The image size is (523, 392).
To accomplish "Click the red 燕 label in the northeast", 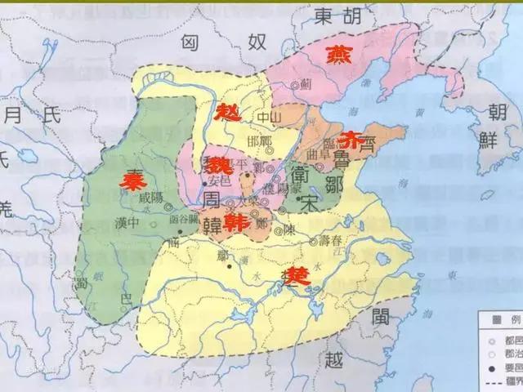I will pyautogui.click(x=336, y=55).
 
